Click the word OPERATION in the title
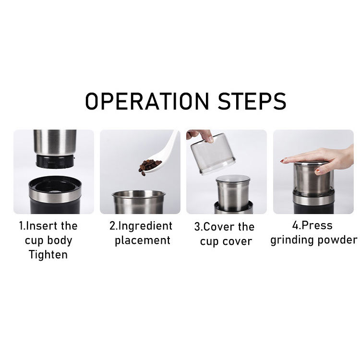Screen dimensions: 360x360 147,101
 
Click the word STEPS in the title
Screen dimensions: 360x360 252,101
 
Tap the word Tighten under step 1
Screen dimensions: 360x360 48,254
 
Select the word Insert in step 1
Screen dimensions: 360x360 39,226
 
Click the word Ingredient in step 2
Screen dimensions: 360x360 145,226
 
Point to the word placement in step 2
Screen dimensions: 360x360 143,240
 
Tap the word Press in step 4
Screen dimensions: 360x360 317,225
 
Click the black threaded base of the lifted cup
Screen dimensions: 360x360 55,161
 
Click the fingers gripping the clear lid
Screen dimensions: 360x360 200,135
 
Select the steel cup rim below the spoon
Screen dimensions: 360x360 139,194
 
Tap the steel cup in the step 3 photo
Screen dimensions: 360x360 233,193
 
